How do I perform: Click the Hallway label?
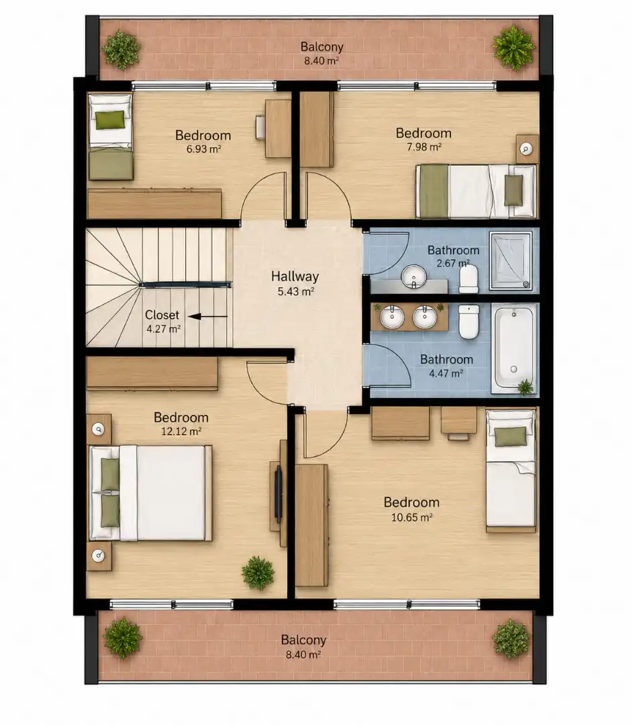(295, 276)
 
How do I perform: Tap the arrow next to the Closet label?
(207, 317)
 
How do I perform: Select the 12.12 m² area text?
(181, 432)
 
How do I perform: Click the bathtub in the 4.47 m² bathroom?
(514, 348)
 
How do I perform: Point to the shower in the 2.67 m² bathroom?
(510, 260)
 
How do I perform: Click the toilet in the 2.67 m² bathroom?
(469, 279)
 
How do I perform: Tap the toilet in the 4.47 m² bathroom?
(469, 322)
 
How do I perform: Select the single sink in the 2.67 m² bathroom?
(413, 277)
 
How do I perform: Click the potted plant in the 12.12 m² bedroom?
(258, 573)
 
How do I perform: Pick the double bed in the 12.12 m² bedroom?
(151, 493)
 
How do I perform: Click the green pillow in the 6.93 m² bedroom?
(111, 119)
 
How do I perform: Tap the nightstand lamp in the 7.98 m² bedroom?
(526, 149)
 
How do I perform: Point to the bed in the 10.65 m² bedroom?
(511, 470)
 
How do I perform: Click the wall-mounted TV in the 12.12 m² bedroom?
(279, 493)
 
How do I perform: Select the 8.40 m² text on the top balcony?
(322, 60)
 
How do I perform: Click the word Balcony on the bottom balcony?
(303, 640)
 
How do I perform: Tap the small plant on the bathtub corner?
(526, 387)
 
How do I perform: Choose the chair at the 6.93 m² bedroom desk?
(260, 127)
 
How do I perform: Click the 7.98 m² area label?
(424, 147)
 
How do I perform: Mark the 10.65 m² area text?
(411, 518)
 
